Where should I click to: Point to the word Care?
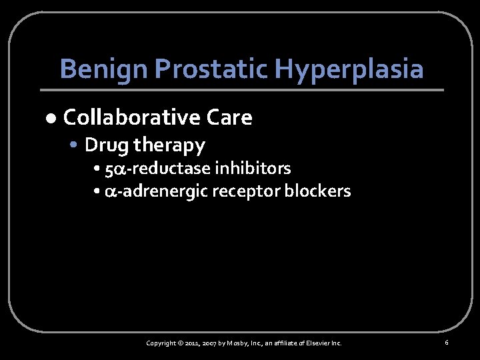point(229,118)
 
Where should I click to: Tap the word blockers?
point(317,191)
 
